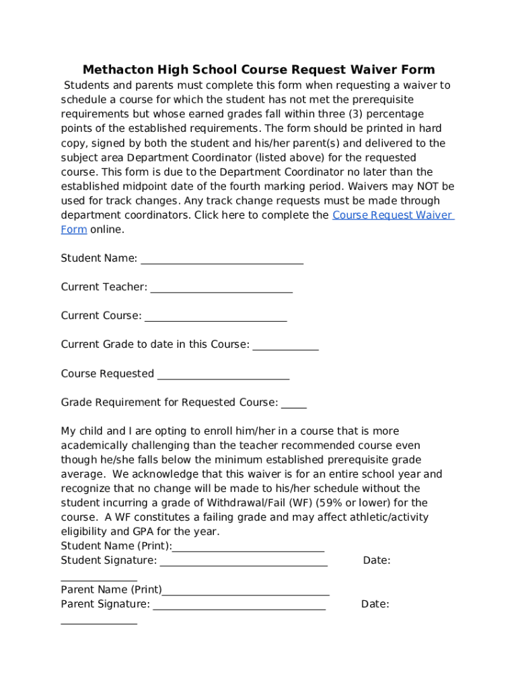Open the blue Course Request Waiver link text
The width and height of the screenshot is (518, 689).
tap(393, 215)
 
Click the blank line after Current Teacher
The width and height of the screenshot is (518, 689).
tap(221, 290)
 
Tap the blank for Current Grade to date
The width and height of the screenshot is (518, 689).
tap(285, 348)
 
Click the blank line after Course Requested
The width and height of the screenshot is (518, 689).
tap(223, 377)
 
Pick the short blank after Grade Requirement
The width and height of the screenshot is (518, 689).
tap(293, 406)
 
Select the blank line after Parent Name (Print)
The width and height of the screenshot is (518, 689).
tap(246, 593)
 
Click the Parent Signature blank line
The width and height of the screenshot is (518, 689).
tap(239, 607)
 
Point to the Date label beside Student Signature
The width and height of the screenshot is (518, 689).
tap(377, 560)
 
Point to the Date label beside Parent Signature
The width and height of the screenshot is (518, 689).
tap(375, 604)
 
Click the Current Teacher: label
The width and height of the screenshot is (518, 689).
tap(104, 287)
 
